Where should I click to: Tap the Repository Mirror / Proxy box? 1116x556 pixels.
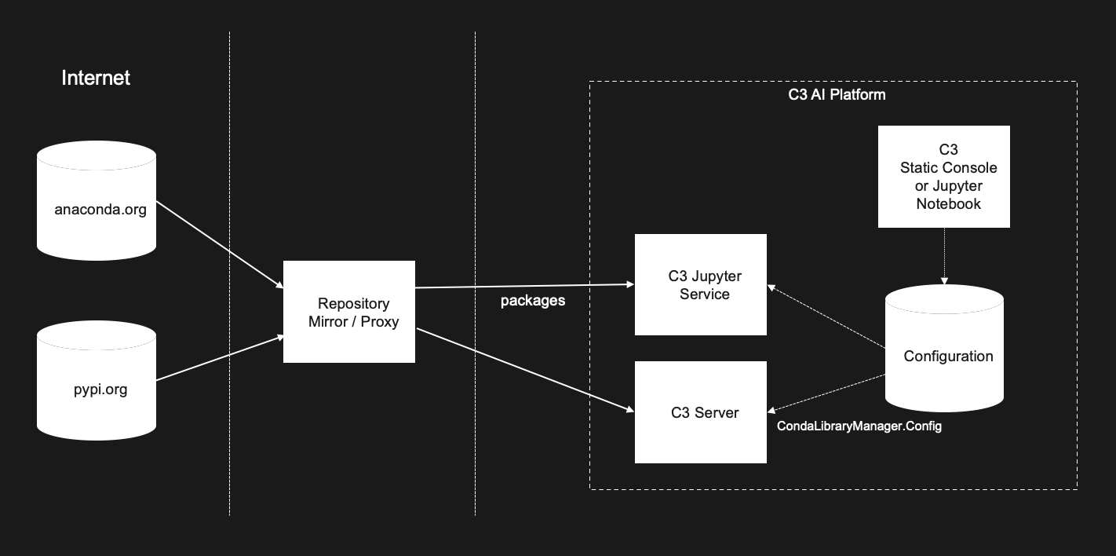348,312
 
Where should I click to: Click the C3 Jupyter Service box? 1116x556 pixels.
700,284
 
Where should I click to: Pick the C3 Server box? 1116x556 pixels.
700,412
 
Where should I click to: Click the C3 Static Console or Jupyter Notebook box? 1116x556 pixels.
944,177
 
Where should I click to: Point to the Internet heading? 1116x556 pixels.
96,78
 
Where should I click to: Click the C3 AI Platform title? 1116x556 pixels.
837,95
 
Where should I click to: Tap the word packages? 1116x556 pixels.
533,301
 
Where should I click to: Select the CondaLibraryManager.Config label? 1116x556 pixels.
859,426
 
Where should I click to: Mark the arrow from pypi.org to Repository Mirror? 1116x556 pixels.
220,359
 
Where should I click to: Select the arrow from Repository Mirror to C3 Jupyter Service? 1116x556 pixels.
524,285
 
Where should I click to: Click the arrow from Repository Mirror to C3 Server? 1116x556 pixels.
524,369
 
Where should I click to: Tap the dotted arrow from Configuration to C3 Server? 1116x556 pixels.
826,393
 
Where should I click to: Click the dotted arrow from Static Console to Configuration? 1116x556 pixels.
944,256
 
